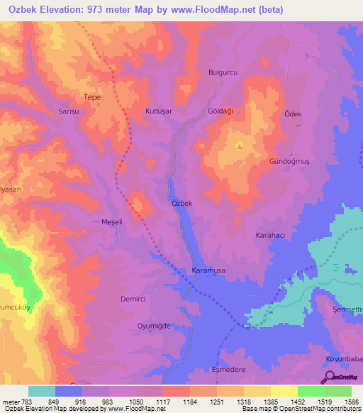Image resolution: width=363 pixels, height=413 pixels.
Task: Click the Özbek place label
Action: click(182, 203)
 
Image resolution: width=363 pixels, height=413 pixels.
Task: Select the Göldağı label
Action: click(221, 112)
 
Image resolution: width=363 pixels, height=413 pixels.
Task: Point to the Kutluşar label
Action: click(159, 112)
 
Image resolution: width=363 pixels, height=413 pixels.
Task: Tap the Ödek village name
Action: click(293, 114)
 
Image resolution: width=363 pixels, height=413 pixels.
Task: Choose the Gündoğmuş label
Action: click(289, 162)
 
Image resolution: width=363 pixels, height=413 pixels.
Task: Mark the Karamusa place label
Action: click(208, 271)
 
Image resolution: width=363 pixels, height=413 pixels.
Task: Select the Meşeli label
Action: click(112, 221)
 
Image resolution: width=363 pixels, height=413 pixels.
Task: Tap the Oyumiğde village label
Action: click(154, 326)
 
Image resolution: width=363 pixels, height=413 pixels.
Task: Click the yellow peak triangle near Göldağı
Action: click(240, 147)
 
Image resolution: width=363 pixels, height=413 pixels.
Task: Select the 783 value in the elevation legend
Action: click(20, 401)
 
